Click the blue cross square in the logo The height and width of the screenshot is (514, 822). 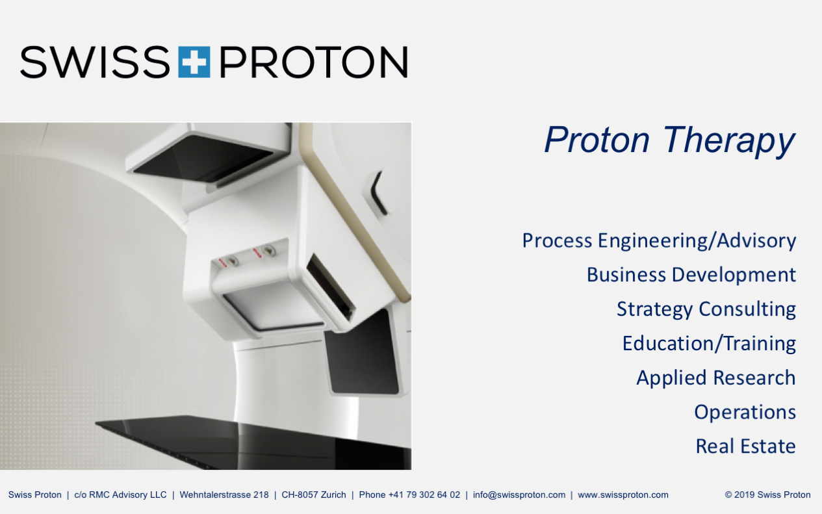(x=194, y=62)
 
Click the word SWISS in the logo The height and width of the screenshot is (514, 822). (x=95, y=62)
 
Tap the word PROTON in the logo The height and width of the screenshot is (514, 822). (x=313, y=62)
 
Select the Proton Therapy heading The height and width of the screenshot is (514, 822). (x=669, y=141)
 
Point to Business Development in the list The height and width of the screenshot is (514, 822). (x=691, y=275)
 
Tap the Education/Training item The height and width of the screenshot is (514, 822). (x=710, y=344)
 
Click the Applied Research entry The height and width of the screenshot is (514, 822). (x=716, y=378)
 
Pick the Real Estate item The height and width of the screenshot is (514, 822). (x=746, y=446)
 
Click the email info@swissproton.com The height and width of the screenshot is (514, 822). (x=519, y=495)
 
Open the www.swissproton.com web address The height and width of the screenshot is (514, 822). (x=623, y=495)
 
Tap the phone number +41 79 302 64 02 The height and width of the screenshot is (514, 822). (x=424, y=495)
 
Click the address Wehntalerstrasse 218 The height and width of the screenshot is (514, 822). (x=224, y=495)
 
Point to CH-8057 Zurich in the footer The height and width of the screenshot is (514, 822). (x=314, y=495)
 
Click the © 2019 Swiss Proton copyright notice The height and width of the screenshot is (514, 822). (x=767, y=495)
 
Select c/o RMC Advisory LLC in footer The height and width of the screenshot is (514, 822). (x=120, y=495)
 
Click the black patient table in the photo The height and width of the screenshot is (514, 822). (x=253, y=442)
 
